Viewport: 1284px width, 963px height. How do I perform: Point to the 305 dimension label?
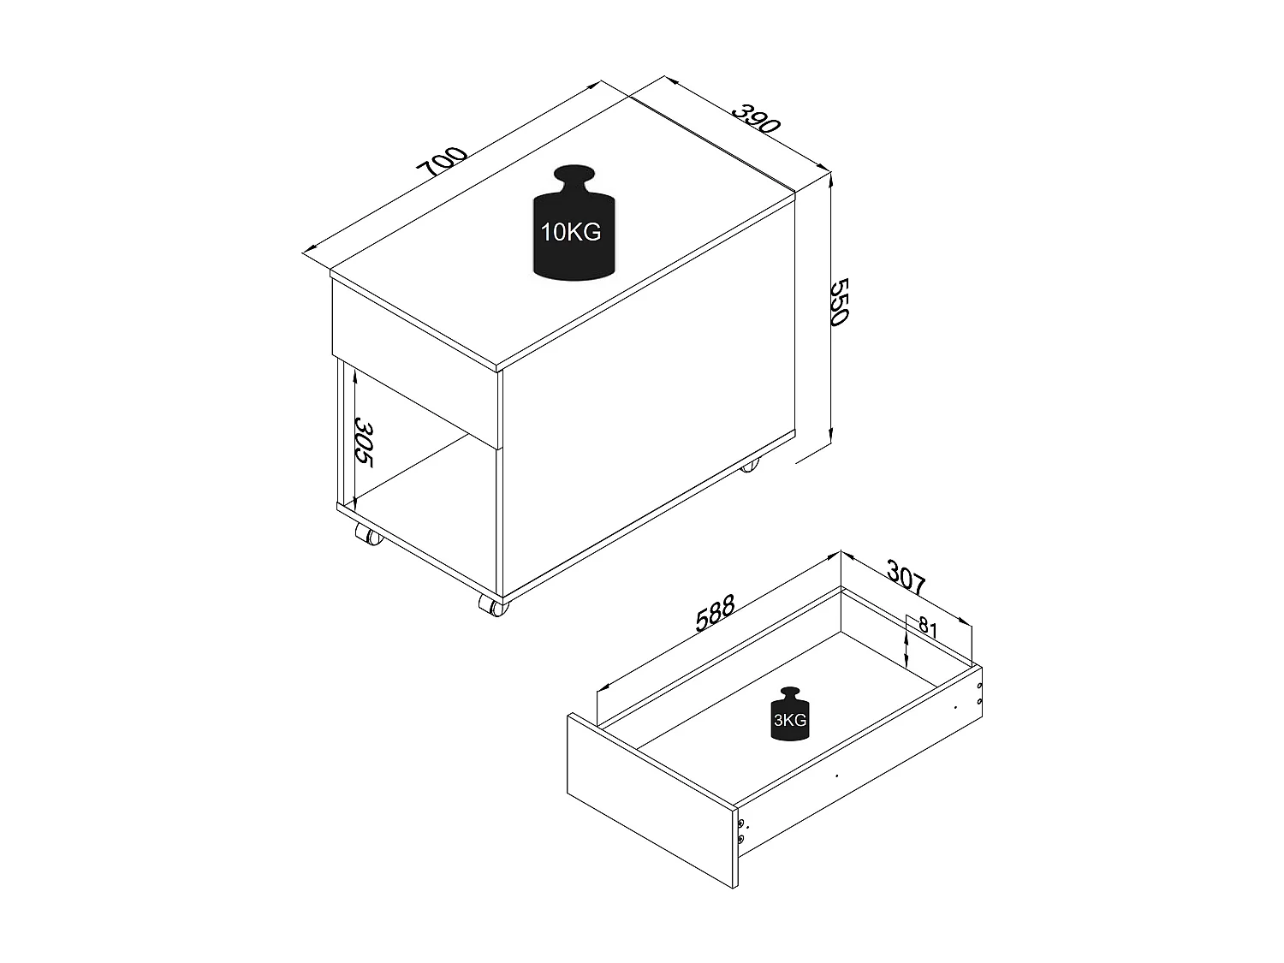click(365, 441)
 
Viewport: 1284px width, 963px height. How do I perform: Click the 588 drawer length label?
click(716, 614)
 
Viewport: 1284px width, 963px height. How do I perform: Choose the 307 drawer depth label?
click(905, 578)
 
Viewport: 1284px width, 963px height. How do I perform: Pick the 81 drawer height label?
click(928, 627)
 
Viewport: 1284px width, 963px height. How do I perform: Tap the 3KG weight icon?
click(789, 714)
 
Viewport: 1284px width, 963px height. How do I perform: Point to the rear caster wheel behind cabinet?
click(749, 467)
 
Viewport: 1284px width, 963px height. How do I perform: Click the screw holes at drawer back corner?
click(980, 693)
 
